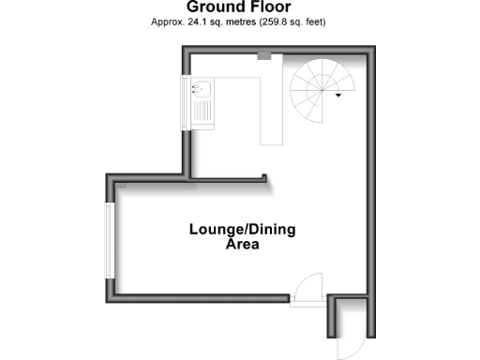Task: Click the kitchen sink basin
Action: (201, 90)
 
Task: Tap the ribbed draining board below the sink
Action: (201, 112)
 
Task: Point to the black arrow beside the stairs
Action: (338, 95)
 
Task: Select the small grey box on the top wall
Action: (264, 56)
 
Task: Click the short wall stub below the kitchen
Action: (230, 178)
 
